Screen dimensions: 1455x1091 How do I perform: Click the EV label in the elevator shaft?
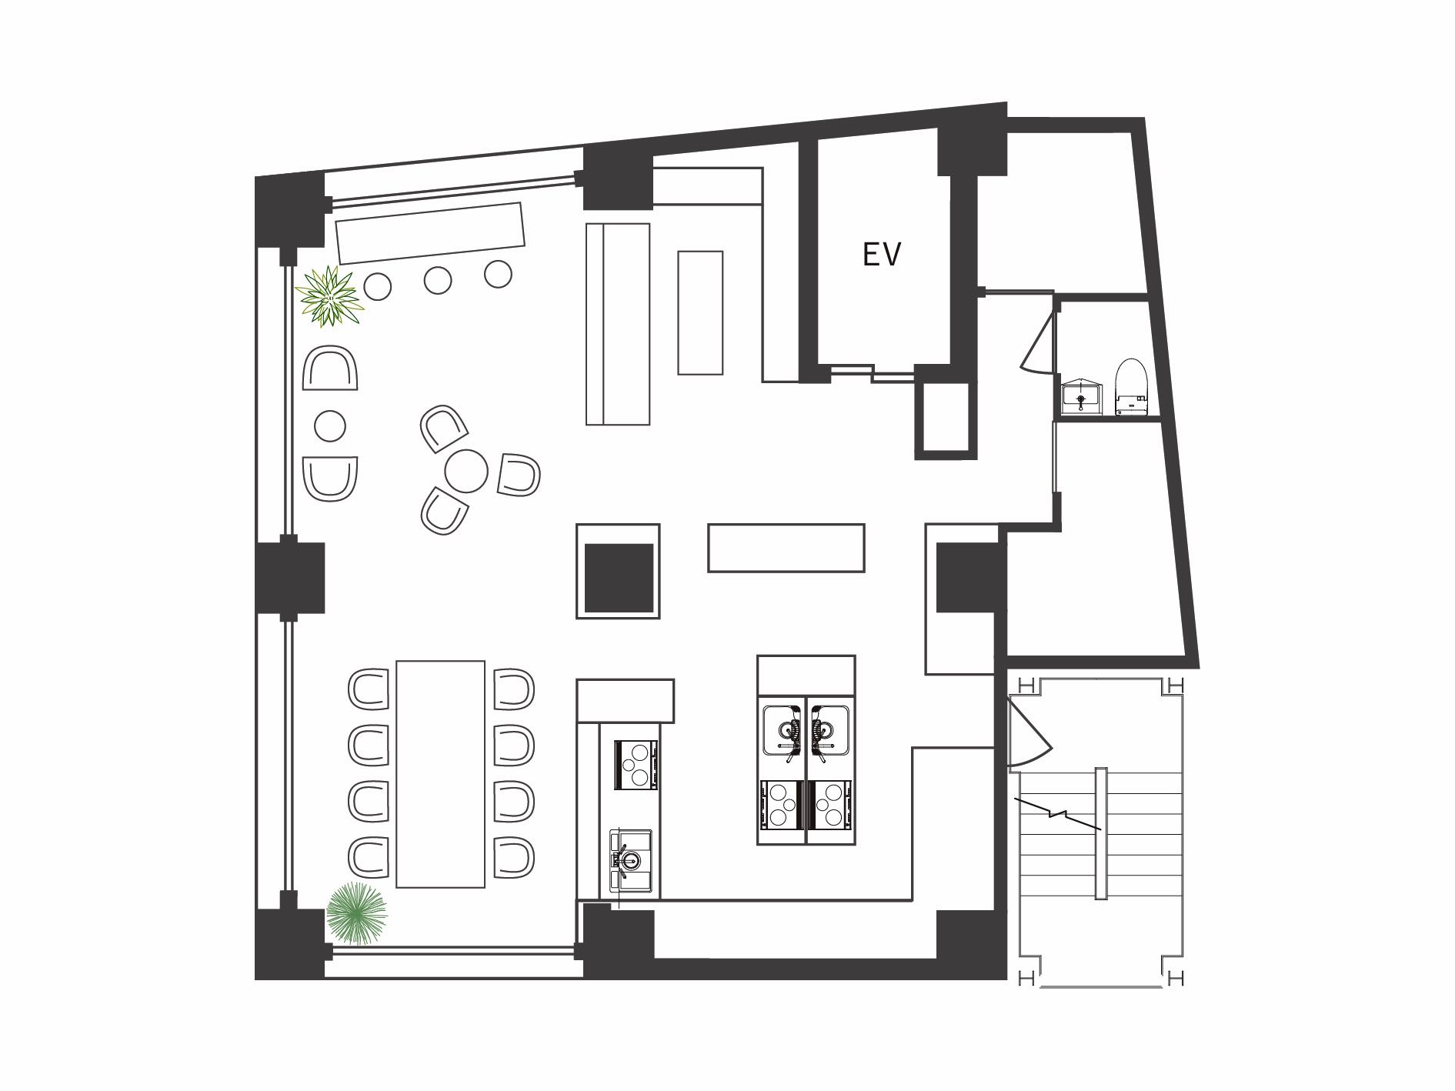click(x=881, y=255)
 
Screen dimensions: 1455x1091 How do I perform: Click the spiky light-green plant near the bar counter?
click(x=329, y=296)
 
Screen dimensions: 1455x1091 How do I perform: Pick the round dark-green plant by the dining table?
click(x=355, y=913)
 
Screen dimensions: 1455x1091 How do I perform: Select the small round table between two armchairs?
click(x=330, y=425)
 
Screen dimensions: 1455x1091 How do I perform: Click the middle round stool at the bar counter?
click(x=438, y=280)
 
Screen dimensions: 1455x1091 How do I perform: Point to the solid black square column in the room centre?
click(x=619, y=578)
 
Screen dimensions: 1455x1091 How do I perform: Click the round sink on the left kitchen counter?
click(x=630, y=859)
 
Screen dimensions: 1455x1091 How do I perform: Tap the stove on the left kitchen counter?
click(x=636, y=765)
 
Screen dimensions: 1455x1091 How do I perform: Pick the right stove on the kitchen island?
click(x=829, y=805)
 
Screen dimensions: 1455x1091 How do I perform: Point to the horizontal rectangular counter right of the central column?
click(x=786, y=548)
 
